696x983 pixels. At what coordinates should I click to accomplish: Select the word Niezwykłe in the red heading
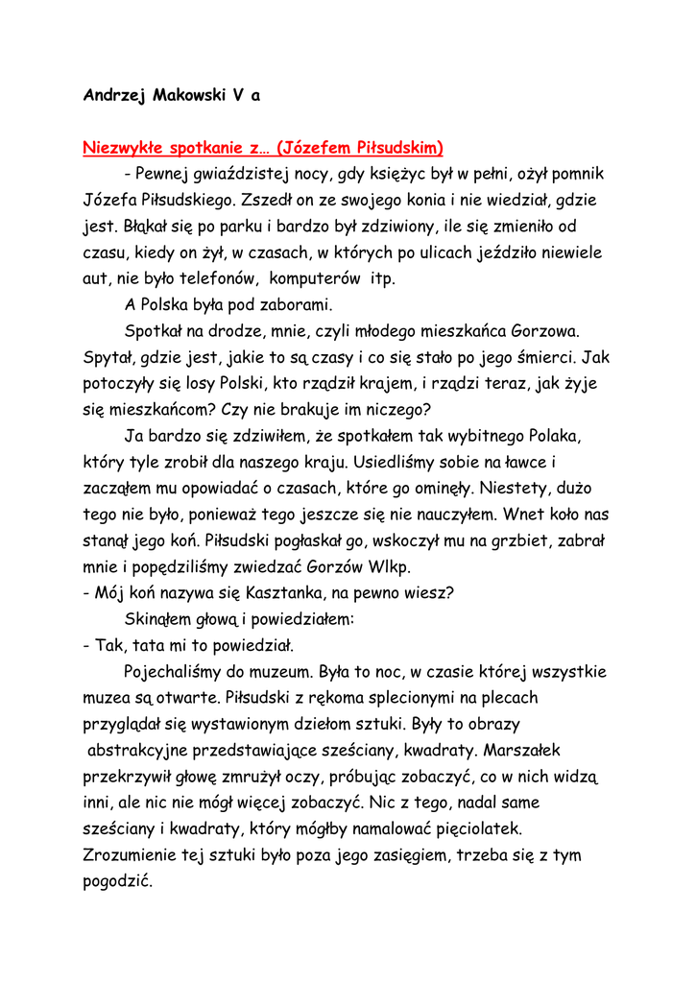tap(123, 149)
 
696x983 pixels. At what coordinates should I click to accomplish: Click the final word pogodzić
tap(118, 880)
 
